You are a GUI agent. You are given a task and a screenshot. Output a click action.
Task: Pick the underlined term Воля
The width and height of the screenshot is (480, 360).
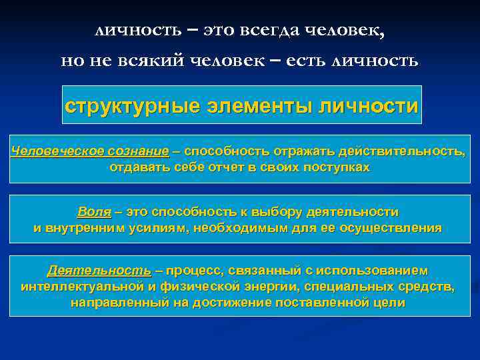pos(93,212)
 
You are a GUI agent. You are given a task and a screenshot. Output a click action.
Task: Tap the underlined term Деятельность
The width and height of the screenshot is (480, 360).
pos(99,271)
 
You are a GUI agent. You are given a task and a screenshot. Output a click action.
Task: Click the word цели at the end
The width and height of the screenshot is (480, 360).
pos(391,303)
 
